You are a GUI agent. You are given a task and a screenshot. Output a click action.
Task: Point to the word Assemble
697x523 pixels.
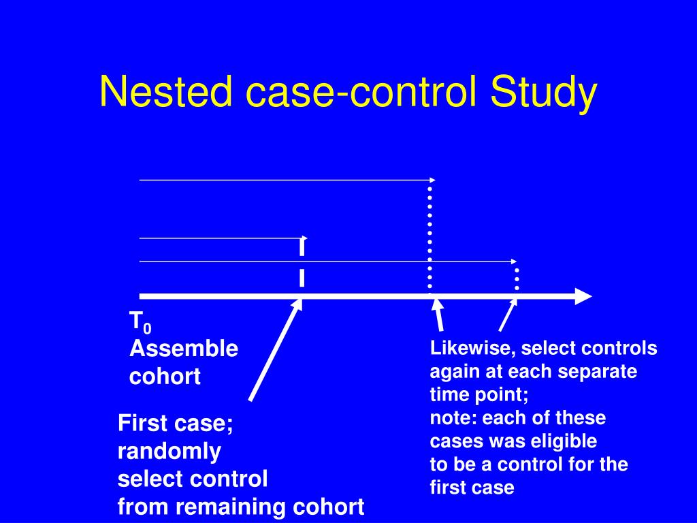pyautogui.click(x=184, y=349)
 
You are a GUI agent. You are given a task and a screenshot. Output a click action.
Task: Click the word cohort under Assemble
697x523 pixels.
pyautogui.click(x=165, y=377)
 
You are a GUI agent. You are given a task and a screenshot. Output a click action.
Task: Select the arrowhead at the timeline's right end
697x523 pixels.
pyautogui.click(x=583, y=296)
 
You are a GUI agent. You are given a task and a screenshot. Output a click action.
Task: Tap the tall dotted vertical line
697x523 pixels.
pyautogui.click(x=429, y=235)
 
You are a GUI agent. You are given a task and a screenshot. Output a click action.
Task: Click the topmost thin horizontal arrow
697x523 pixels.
pyautogui.click(x=286, y=180)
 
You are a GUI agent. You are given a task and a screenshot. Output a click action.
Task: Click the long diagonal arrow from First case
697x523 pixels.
pyautogui.click(x=275, y=351)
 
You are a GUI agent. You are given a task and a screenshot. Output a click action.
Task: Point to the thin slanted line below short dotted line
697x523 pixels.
pyautogui.click(x=507, y=315)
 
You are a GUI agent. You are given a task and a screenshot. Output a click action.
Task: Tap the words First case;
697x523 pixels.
pyautogui.click(x=176, y=424)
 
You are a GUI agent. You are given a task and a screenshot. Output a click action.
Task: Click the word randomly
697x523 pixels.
pyautogui.click(x=169, y=451)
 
